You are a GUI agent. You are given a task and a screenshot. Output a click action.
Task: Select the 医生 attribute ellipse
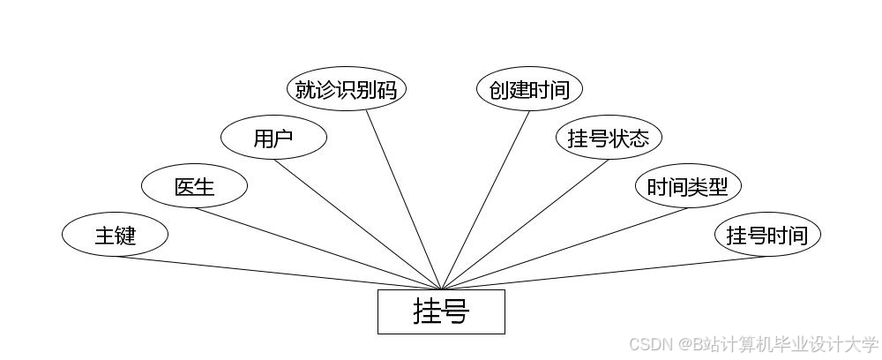(x=194, y=187)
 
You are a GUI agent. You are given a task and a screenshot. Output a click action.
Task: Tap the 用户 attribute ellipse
(x=273, y=139)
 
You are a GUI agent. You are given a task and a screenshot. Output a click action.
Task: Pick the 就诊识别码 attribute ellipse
(x=347, y=90)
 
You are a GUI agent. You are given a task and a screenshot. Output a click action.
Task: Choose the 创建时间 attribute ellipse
(x=529, y=90)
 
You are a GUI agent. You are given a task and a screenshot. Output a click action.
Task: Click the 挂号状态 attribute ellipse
(x=609, y=139)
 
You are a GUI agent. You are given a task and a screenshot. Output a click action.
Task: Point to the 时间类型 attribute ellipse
(x=688, y=187)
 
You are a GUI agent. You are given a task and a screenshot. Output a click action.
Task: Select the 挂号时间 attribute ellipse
(x=767, y=236)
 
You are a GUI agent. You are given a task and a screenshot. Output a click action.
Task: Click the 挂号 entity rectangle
(x=441, y=311)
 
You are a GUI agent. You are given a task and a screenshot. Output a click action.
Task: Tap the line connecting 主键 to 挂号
(x=278, y=273)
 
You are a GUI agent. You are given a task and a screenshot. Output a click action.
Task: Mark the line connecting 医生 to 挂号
(x=318, y=248)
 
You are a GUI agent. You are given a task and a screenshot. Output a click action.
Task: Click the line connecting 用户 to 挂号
(x=357, y=224)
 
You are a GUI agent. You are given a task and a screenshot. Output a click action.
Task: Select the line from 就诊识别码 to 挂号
(x=403, y=199)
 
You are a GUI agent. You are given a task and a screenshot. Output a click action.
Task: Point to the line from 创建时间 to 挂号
(x=485, y=199)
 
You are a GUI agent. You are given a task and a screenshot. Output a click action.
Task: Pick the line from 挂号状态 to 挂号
(x=525, y=224)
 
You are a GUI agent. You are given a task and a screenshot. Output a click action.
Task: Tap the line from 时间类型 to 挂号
(x=564, y=248)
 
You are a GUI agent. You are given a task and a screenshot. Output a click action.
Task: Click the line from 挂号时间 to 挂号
(x=604, y=273)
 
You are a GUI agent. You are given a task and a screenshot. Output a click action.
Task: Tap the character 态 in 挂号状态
(x=639, y=139)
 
